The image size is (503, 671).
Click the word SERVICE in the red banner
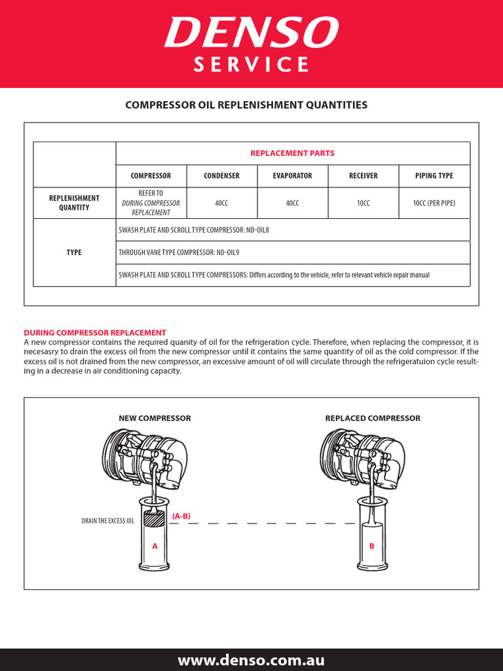pyautogui.click(x=251, y=65)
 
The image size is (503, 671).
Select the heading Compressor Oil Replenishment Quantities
pyautogui.click(x=246, y=105)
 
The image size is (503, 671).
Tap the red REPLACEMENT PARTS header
pyautogui.click(x=292, y=153)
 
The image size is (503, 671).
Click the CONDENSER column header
pyautogui.click(x=221, y=176)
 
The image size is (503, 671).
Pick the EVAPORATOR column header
pyautogui.click(x=292, y=176)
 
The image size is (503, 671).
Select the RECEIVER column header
pyautogui.click(x=363, y=176)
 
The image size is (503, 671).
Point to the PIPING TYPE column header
pyautogui.click(x=434, y=176)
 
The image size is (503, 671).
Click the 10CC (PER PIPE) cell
pyautogui.click(x=434, y=204)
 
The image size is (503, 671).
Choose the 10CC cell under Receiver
pyautogui.click(x=363, y=204)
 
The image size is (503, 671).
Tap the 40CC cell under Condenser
pyautogui.click(x=221, y=204)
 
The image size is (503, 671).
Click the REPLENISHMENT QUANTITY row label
pyautogui.click(x=75, y=203)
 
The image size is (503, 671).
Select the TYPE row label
pyautogui.click(x=75, y=252)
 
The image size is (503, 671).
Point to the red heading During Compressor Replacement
pyautogui.click(x=95, y=333)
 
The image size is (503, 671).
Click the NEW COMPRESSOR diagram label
pyautogui.click(x=155, y=418)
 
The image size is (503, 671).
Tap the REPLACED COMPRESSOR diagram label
pyautogui.click(x=373, y=418)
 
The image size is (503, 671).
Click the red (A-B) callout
pyautogui.click(x=181, y=516)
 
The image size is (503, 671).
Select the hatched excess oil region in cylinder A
pyautogui.click(x=155, y=520)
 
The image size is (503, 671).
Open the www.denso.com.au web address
pyautogui.click(x=251, y=661)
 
